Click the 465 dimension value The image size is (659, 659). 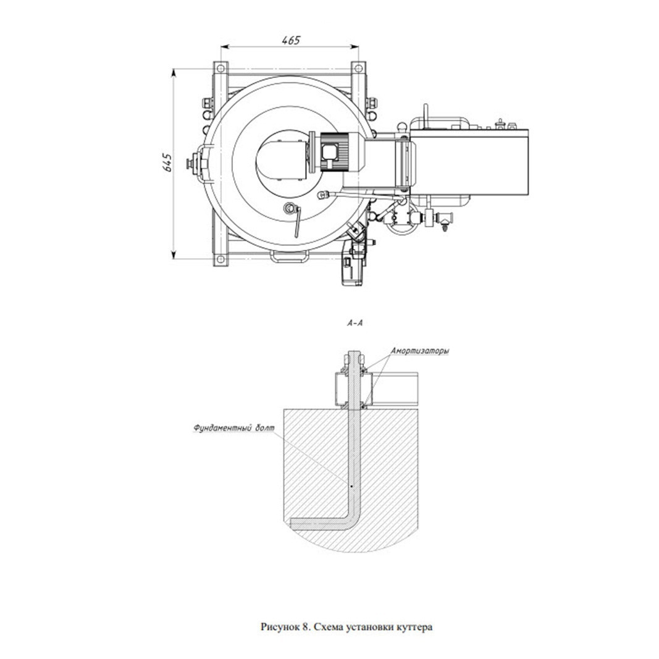pos(291,40)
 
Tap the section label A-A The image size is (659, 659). pos(355,323)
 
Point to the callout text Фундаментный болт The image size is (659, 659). pos(233,428)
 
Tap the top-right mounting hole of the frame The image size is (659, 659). pos(358,68)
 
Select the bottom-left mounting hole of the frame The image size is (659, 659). pos(220,260)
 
